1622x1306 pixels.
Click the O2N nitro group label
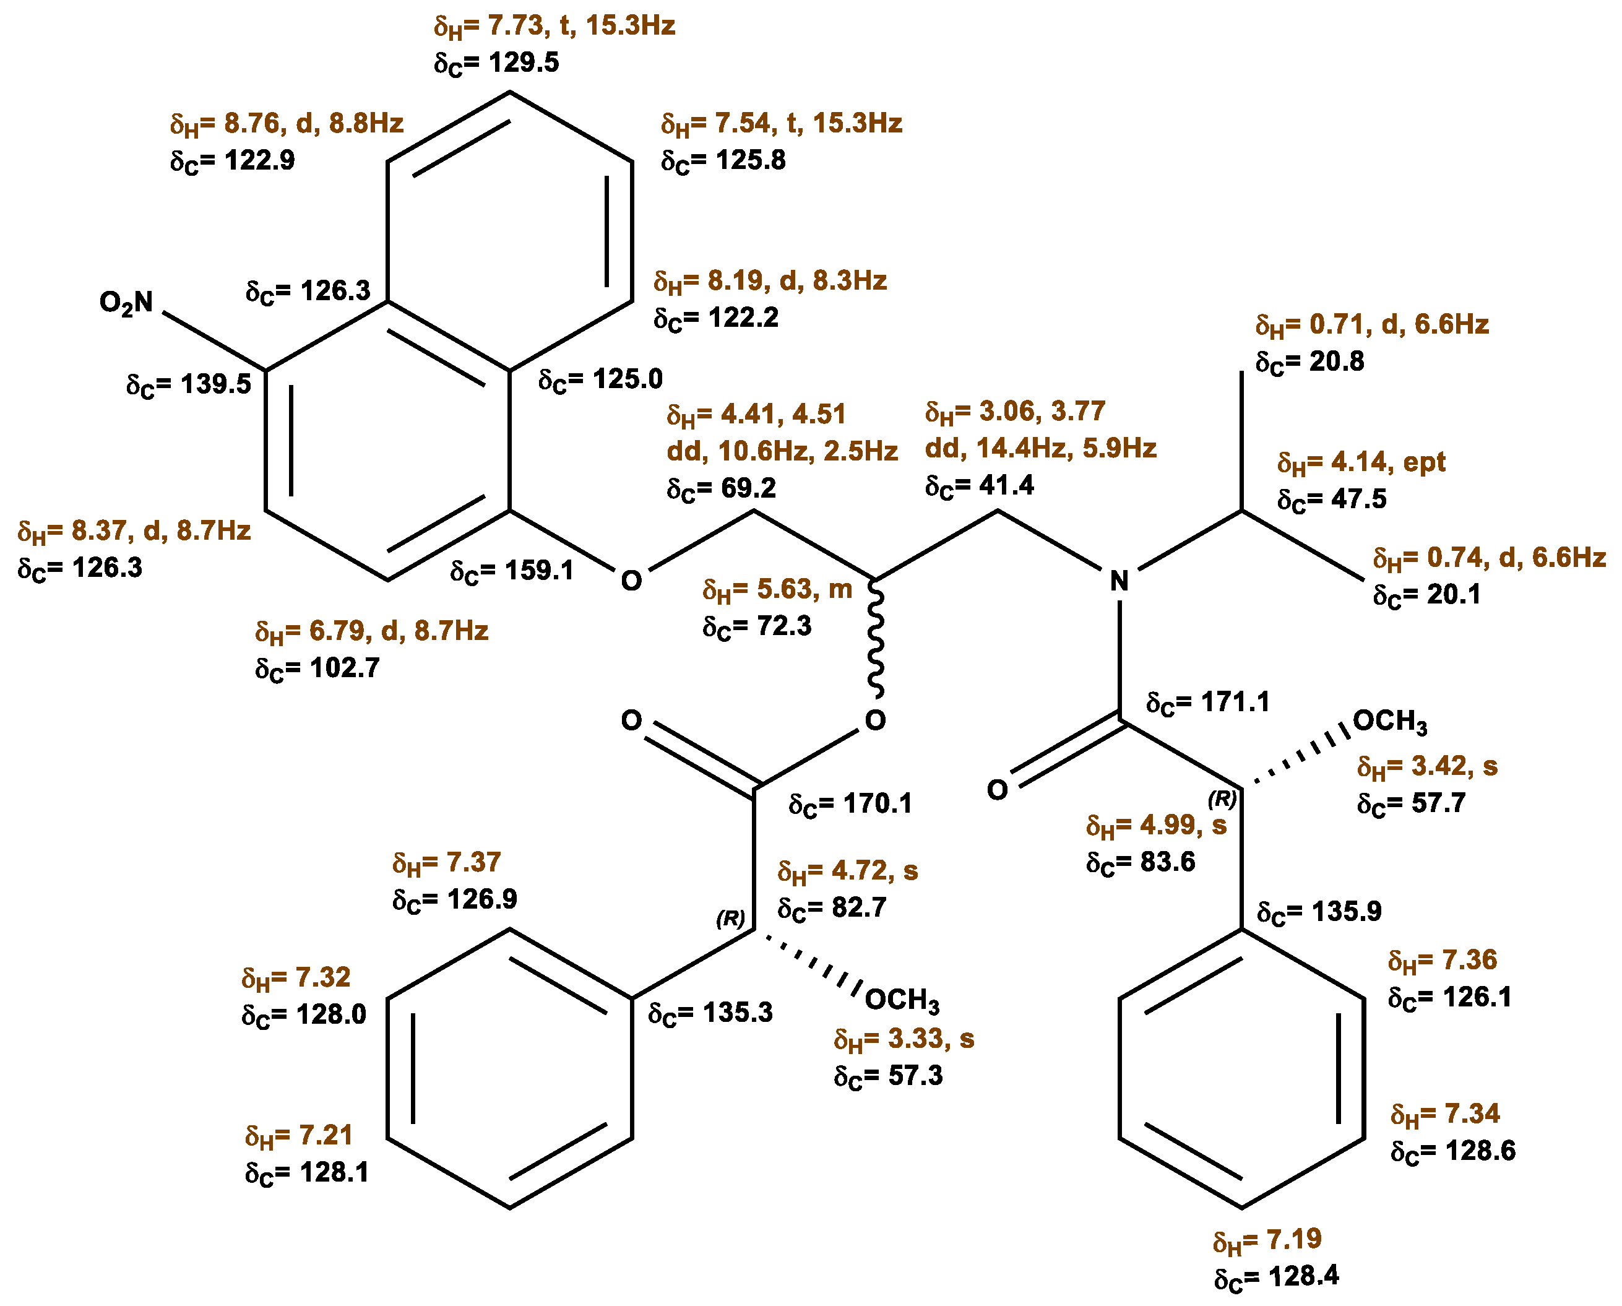126,303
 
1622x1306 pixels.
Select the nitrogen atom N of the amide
1119,581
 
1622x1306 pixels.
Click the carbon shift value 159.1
512,571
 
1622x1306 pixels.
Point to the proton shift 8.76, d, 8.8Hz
287,123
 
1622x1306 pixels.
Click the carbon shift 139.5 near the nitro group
188,384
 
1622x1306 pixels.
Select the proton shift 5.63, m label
777,589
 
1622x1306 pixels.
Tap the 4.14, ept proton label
1361,462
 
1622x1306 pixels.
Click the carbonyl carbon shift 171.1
1207,702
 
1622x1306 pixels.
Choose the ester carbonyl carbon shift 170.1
850,803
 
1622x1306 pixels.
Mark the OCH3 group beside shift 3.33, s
902,1000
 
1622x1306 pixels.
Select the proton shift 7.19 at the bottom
1267,1239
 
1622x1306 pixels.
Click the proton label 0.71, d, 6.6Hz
1372,325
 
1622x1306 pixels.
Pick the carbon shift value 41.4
980,485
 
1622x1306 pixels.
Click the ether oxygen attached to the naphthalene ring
631,581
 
